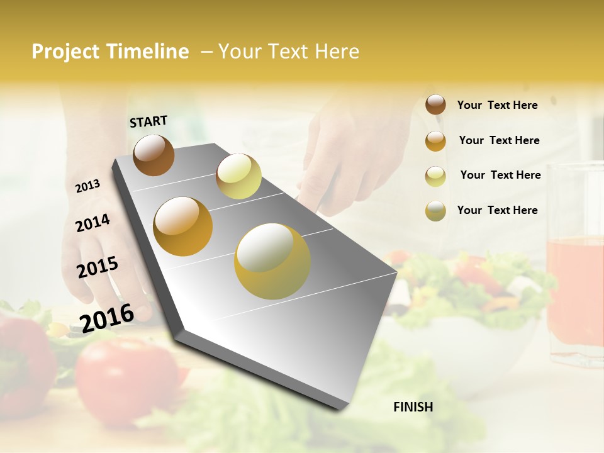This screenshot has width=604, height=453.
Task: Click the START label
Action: point(148,121)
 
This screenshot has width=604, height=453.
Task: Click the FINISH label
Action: point(413,407)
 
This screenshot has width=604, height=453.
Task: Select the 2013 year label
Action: point(87,186)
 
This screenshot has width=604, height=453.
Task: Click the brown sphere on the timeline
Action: point(154,155)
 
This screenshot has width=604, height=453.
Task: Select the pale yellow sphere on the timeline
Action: point(238,176)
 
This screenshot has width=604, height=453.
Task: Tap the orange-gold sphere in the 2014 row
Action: point(182,226)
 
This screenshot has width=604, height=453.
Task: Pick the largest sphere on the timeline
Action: point(272,261)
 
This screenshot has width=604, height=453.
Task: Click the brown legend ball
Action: point(435,105)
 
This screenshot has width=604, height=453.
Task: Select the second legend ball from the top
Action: point(435,141)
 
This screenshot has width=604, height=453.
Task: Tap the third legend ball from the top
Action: point(435,176)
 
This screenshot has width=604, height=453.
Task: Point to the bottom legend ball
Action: point(435,211)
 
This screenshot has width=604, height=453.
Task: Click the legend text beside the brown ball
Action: point(497,105)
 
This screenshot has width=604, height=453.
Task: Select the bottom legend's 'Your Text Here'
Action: point(497,210)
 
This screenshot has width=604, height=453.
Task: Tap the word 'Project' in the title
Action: point(66,52)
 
